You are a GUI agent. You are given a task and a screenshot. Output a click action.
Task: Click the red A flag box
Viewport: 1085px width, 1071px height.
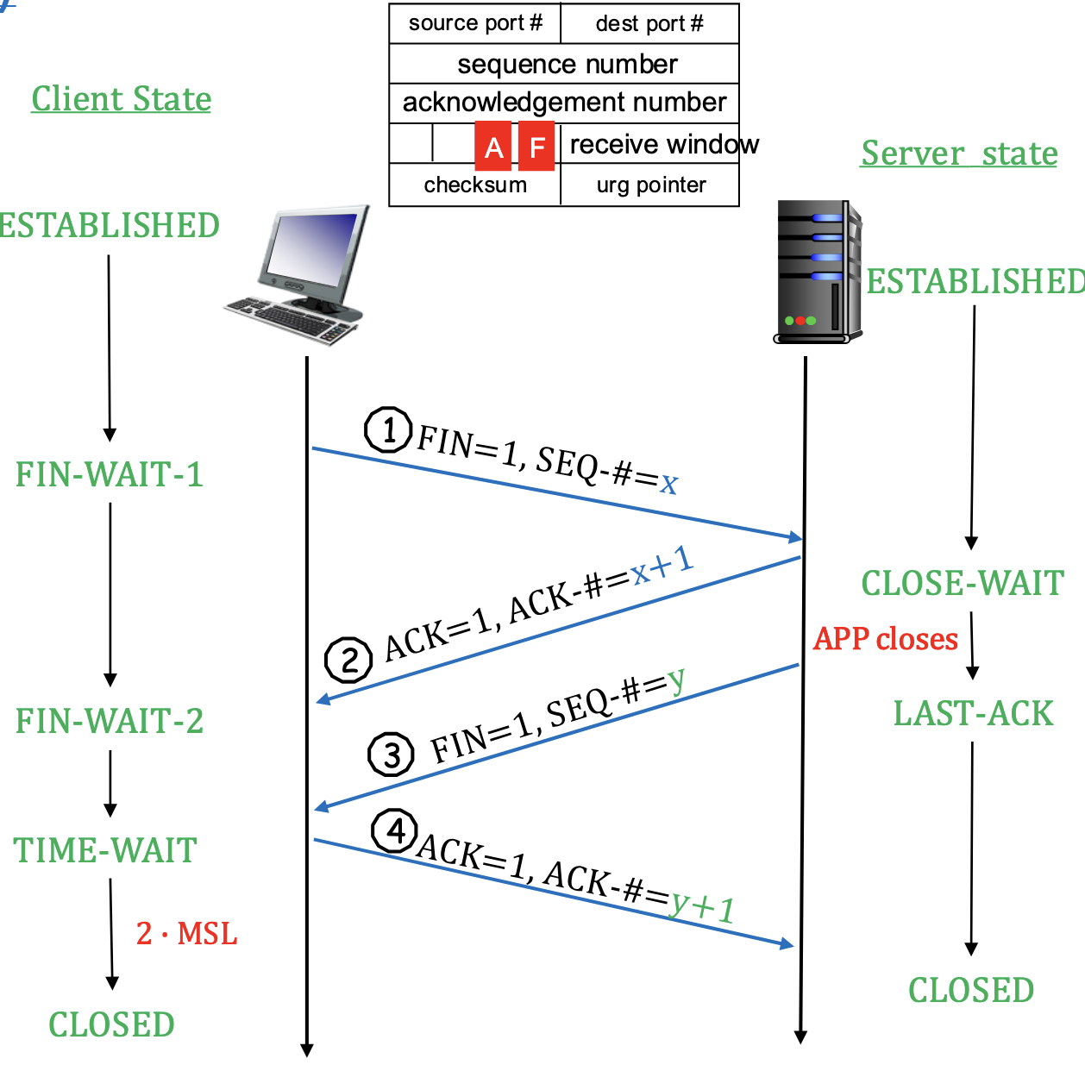coord(493,147)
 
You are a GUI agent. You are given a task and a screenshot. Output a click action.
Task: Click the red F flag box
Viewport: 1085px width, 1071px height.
coord(536,147)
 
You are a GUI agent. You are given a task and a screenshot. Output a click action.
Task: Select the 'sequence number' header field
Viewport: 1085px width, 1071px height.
coord(566,64)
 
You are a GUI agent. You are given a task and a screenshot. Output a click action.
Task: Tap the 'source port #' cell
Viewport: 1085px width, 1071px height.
coord(475,23)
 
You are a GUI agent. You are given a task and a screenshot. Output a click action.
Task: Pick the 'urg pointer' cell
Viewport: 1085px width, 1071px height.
coord(650,185)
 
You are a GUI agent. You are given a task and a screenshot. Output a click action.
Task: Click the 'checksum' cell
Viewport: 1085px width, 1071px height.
coord(475,185)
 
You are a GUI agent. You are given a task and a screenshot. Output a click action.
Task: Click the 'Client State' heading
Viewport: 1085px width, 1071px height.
coord(122,99)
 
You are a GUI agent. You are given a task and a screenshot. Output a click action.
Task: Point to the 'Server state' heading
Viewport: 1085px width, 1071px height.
coord(959,153)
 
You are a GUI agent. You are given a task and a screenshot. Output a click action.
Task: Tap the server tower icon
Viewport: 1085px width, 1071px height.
coord(817,272)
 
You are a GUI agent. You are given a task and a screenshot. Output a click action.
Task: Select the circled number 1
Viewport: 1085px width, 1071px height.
coord(388,429)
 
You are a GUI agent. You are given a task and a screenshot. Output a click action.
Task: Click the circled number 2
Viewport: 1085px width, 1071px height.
coord(348,661)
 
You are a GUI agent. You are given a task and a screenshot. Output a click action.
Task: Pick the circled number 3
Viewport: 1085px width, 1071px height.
coord(392,755)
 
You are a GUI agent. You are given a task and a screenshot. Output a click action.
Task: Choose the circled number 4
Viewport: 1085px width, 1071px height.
coord(395,831)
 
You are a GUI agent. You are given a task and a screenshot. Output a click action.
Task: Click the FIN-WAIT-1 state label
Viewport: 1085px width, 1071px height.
coord(110,474)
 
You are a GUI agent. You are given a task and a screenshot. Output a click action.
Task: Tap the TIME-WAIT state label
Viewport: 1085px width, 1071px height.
coord(105,850)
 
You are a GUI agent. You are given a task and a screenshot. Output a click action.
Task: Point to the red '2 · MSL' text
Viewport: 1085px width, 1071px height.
coord(186,933)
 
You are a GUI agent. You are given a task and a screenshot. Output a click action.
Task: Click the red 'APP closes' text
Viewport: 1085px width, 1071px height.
coord(886,639)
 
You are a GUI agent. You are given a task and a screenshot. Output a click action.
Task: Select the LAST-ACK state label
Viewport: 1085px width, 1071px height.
coord(973,713)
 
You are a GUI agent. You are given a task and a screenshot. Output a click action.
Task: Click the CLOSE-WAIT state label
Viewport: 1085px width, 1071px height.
coord(963,583)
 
